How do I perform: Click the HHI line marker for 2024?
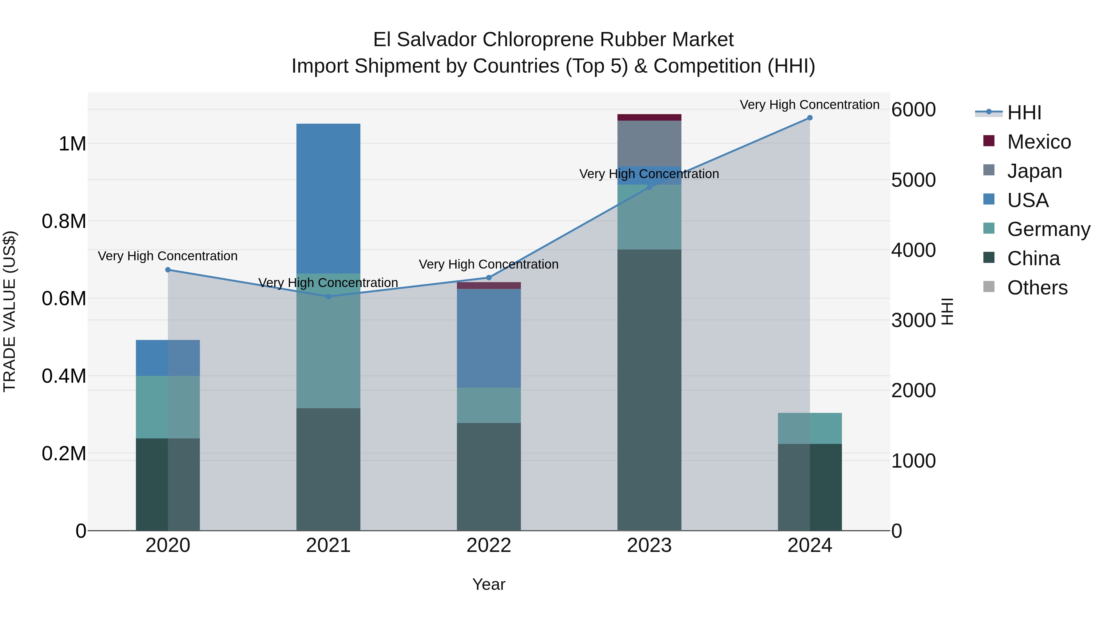810,118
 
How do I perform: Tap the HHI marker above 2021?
328,297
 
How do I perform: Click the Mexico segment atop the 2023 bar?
649,118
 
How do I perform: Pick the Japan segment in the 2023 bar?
649,144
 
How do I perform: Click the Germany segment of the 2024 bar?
810,429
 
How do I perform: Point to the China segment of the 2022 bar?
489,477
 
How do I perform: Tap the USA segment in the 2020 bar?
168,358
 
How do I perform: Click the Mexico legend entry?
1039,142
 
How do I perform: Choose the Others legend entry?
1037,288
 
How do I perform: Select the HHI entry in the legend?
1024,113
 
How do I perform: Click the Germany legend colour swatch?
989,228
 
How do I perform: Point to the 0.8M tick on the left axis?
64,222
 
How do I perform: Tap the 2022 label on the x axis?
489,545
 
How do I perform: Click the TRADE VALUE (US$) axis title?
10,311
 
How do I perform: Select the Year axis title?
489,584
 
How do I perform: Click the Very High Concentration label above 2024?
809,105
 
